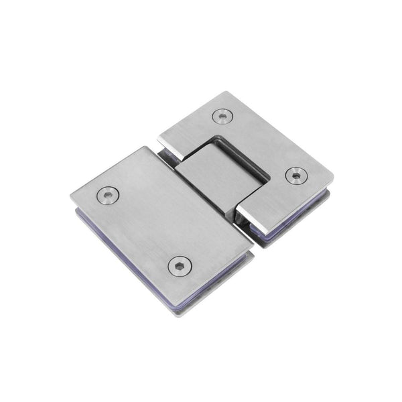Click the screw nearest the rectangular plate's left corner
pos(108,195)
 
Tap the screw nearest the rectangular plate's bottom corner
pos(180,265)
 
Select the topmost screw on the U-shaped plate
pos(222,116)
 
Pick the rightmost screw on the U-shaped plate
pos(295,176)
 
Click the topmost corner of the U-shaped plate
pos(230,92)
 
